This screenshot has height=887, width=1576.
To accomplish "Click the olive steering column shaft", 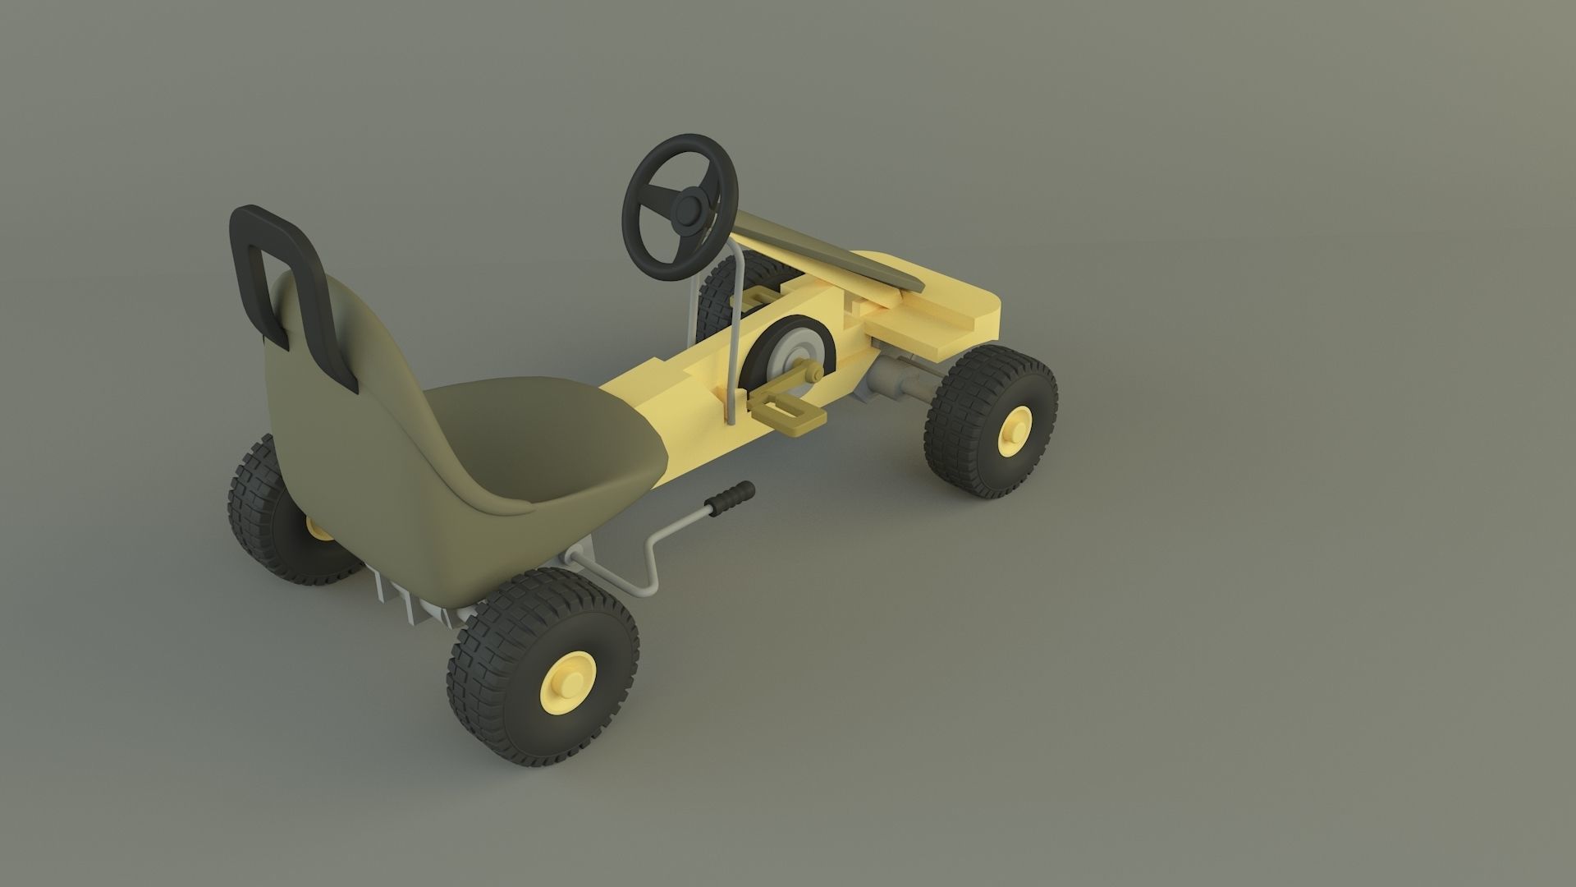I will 821,250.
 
